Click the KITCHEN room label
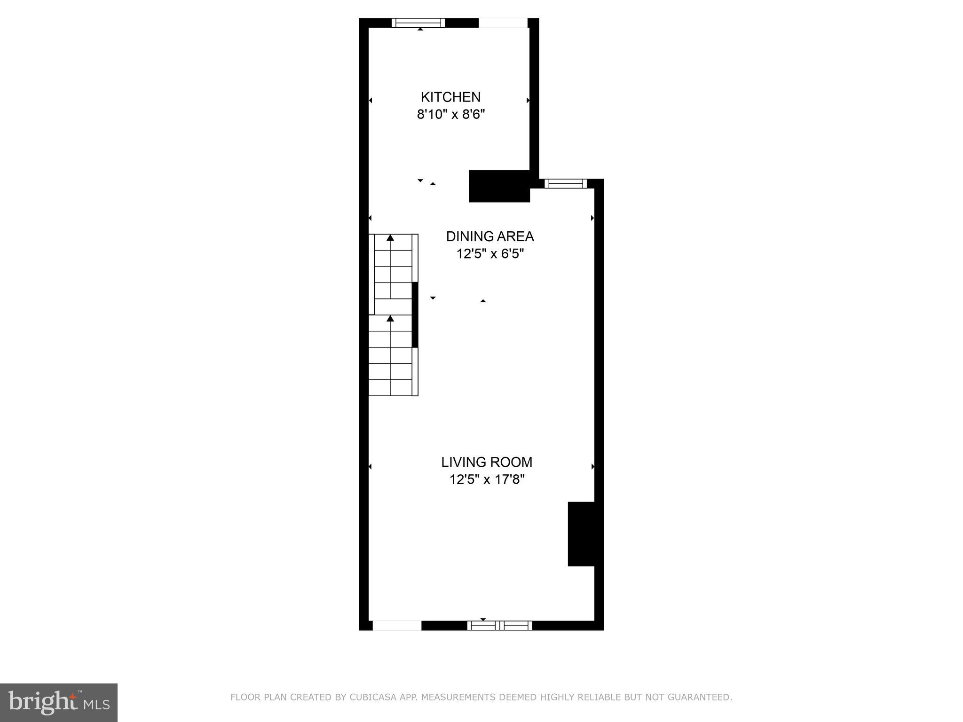click(x=450, y=97)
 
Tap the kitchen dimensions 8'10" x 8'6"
click(x=450, y=115)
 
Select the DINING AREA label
click(x=489, y=236)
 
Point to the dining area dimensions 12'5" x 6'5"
click(x=489, y=254)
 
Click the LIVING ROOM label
click(x=487, y=462)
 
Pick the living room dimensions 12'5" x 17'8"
click(x=487, y=479)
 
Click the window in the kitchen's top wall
click(x=418, y=23)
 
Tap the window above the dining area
click(x=566, y=184)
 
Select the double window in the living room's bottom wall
click(x=499, y=625)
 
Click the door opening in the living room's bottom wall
click(x=397, y=625)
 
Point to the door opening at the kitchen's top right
click(x=503, y=23)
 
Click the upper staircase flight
click(x=393, y=274)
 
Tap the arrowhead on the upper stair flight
click(x=390, y=238)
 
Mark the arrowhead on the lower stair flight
click(x=390, y=319)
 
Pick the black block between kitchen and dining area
click(x=499, y=186)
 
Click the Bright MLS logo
click(x=59, y=702)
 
